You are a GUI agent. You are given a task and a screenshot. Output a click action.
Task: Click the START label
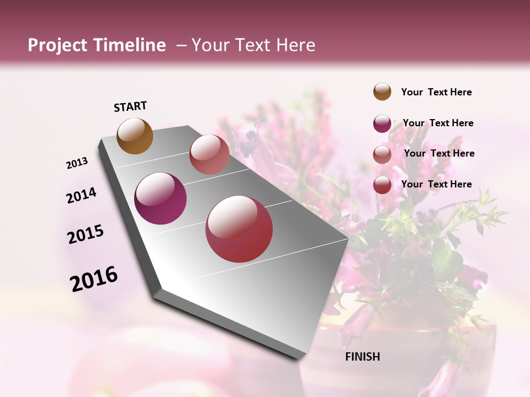pos(130,106)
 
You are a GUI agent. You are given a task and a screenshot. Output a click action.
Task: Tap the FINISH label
pos(362,357)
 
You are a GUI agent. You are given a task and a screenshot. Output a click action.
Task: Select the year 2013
pos(77,163)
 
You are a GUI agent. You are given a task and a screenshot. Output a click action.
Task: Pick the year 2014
pos(81,195)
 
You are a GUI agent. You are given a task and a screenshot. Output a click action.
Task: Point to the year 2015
pos(86,234)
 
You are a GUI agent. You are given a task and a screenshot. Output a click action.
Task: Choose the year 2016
pos(94,278)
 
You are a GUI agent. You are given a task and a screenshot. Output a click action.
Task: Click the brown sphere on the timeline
pos(135,136)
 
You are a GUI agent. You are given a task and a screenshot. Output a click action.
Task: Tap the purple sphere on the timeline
pos(161,198)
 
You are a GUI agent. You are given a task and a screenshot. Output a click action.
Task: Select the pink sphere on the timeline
pos(209,154)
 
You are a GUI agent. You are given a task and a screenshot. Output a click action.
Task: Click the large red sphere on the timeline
pos(239,229)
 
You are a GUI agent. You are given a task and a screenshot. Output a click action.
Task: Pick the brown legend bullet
pos(382,92)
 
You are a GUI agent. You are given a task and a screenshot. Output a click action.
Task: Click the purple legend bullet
pos(382,124)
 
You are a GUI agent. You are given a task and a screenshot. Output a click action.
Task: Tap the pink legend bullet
pos(382,154)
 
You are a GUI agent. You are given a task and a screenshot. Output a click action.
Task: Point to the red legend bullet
pos(382,185)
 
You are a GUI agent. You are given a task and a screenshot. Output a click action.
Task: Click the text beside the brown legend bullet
pos(436,92)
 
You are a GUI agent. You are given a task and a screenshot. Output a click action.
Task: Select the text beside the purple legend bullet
pos(438,123)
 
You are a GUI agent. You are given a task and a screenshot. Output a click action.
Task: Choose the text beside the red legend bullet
pos(436,184)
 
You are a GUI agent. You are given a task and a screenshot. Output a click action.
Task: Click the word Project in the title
pos(57,45)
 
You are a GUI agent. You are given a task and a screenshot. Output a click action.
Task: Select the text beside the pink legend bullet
pos(439,153)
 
